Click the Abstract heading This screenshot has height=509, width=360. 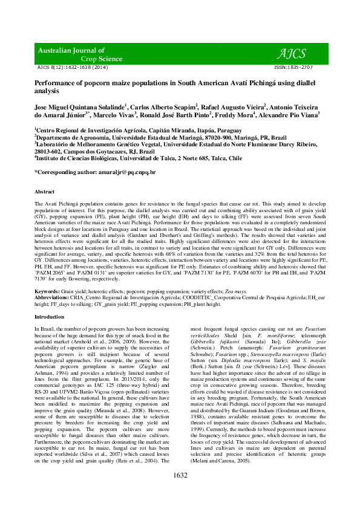[x=45, y=191]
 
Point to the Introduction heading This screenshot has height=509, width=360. [x=49, y=316]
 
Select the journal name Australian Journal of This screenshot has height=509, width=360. [x=71, y=50]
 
